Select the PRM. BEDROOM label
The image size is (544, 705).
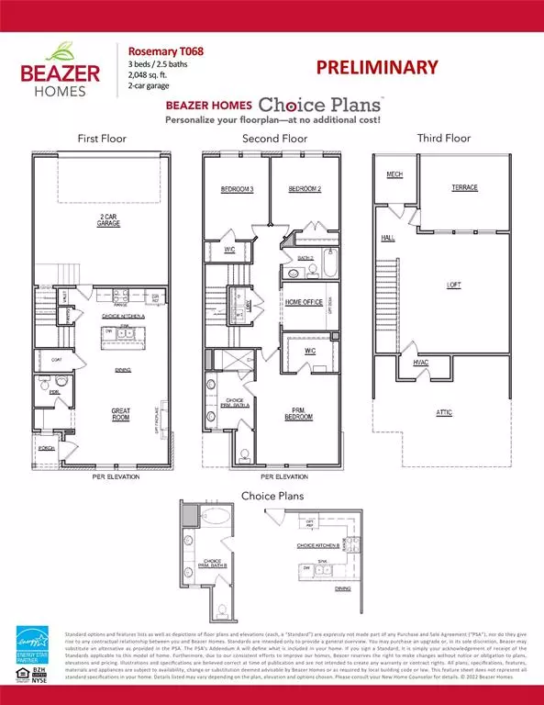pos(298,413)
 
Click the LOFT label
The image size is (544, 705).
pos(453,285)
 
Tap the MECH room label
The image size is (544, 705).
pos(394,173)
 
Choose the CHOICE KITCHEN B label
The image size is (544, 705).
pos(320,545)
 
